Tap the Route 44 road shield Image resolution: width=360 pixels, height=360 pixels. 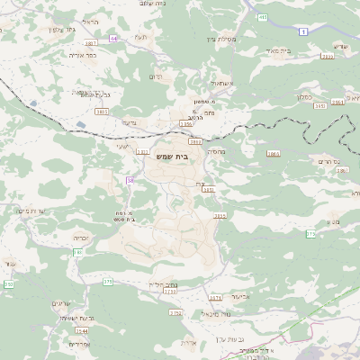pyautogui.click(x=113, y=39)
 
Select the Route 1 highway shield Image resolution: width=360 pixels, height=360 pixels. pyautogui.click(x=304, y=31)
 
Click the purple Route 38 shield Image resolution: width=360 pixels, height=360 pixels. pyautogui.click(x=130, y=181)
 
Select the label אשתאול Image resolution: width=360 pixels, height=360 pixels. pyautogui.click(x=220, y=83)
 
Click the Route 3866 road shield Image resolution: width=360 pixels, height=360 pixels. pyautogui.click(x=273, y=154)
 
